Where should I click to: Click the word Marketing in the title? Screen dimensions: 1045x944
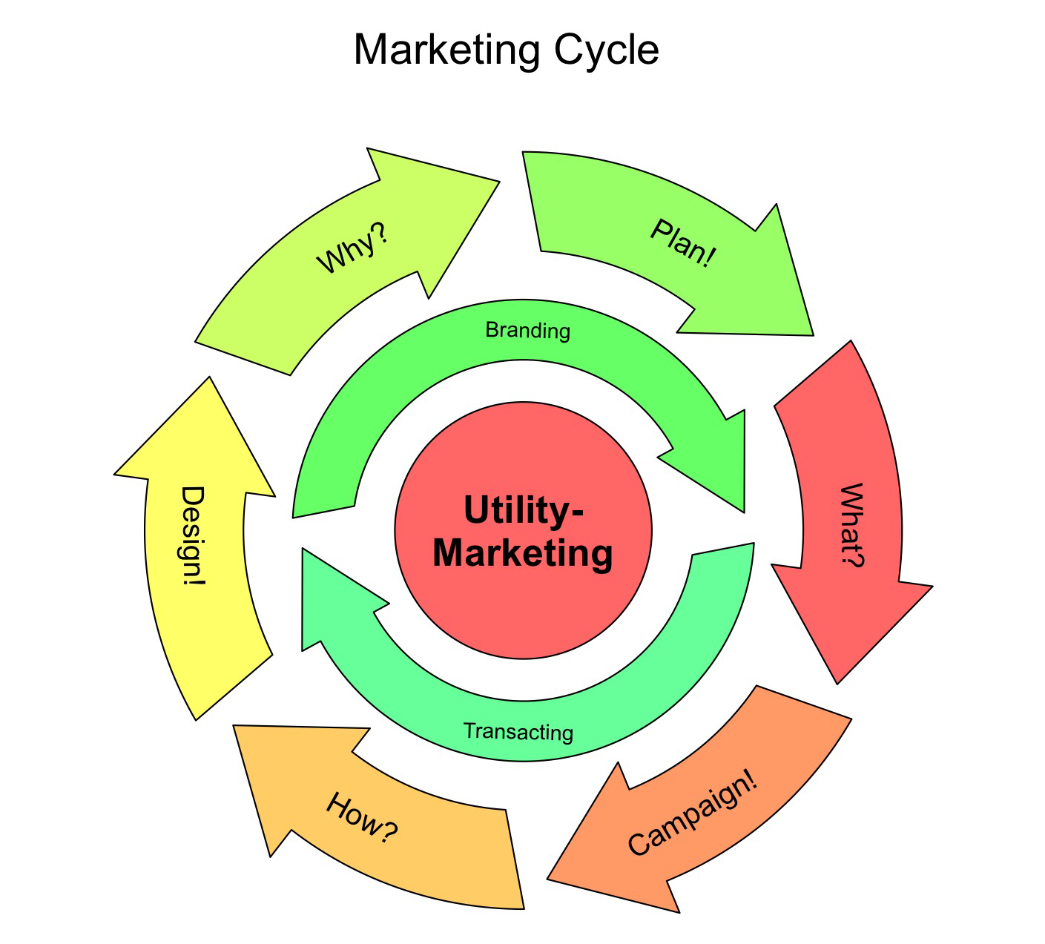tap(447, 50)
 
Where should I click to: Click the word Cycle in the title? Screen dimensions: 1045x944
tap(607, 50)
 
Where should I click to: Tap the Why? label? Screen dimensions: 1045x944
tap(353, 248)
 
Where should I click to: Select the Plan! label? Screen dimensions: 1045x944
tap(683, 243)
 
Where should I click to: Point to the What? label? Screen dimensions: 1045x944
tap(852, 524)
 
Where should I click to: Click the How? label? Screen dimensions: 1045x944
tap(362, 817)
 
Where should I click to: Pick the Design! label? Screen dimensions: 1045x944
tap(193, 535)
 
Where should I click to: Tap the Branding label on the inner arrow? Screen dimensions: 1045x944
tap(528, 330)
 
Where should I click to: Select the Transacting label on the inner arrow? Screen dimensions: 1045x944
tap(518, 731)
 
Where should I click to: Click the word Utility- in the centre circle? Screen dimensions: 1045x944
tap(524, 510)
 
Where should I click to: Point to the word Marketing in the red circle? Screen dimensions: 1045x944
tap(523, 553)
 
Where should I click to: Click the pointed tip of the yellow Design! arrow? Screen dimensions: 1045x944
tap(209, 377)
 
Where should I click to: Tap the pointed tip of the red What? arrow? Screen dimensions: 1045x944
tap(837, 684)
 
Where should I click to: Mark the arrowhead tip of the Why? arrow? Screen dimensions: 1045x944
tap(500, 182)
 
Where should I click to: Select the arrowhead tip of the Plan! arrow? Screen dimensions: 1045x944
tap(813, 335)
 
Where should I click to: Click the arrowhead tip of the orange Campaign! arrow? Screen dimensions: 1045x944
tap(547, 879)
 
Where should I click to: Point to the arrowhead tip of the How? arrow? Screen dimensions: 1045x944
tap(233, 725)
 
